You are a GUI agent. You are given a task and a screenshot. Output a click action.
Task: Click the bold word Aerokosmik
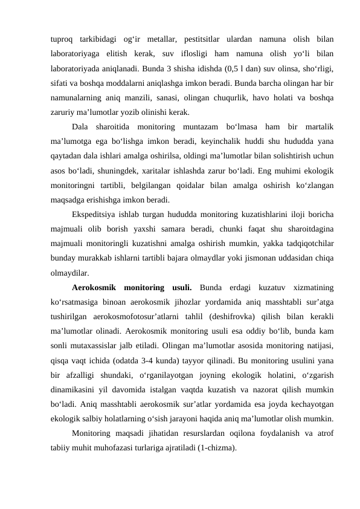95,287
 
